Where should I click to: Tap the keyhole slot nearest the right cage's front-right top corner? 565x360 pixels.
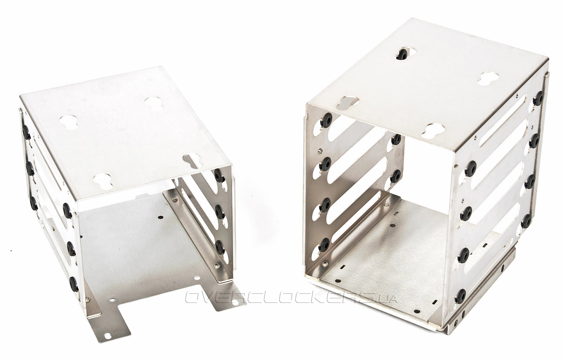[x=433, y=130]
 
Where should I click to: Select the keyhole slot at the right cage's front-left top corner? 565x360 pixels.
[x=348, y=103]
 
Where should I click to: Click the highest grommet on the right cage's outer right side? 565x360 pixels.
[x=539, y=98]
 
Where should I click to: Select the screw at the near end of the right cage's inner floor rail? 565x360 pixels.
[x=323, y=264]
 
